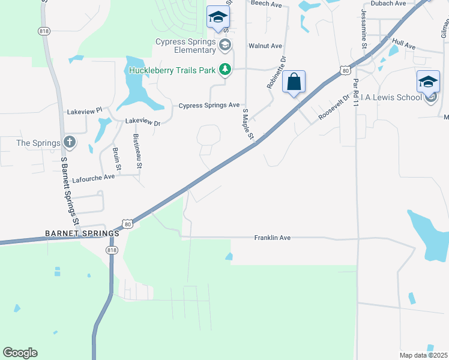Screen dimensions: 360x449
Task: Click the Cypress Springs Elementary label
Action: (186, 46)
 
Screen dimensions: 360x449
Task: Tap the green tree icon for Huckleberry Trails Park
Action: (225, 70)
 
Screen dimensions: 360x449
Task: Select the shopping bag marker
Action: (294, 82)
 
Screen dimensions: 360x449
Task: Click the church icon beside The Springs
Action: (70, 142)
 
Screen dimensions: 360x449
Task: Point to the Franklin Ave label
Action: (272, 238)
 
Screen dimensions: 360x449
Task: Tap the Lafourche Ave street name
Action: (93, 178)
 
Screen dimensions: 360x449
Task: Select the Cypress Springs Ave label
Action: (209, 106)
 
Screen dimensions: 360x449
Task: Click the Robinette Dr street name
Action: (276, 73)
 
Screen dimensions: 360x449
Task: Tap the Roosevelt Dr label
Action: (334, 107)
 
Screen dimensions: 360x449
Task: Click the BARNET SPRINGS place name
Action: (81, 233)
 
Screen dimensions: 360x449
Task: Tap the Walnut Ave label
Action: (265, 46)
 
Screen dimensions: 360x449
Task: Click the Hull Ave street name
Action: (403, 45)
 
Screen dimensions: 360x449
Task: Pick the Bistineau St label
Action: (137, 151)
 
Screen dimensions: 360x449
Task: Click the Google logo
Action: (20, 353)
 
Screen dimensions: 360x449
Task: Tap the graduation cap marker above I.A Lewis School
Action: (428, 82)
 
